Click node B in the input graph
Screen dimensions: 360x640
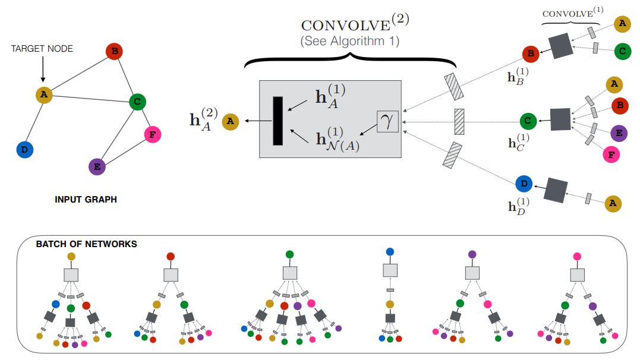114,52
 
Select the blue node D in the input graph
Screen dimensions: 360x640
24,150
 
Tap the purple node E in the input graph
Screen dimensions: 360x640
96,167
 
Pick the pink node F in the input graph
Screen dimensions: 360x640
153,135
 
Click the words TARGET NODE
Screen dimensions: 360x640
42,49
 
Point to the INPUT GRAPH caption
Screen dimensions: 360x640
86,200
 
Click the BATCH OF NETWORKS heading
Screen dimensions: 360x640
86,244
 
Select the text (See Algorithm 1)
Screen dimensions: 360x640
349,42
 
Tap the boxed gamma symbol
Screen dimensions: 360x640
387,122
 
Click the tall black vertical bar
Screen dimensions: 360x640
278,121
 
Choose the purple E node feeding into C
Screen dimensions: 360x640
617,133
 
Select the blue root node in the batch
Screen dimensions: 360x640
390,252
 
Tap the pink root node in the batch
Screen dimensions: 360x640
576,257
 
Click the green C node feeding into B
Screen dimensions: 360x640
622,51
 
